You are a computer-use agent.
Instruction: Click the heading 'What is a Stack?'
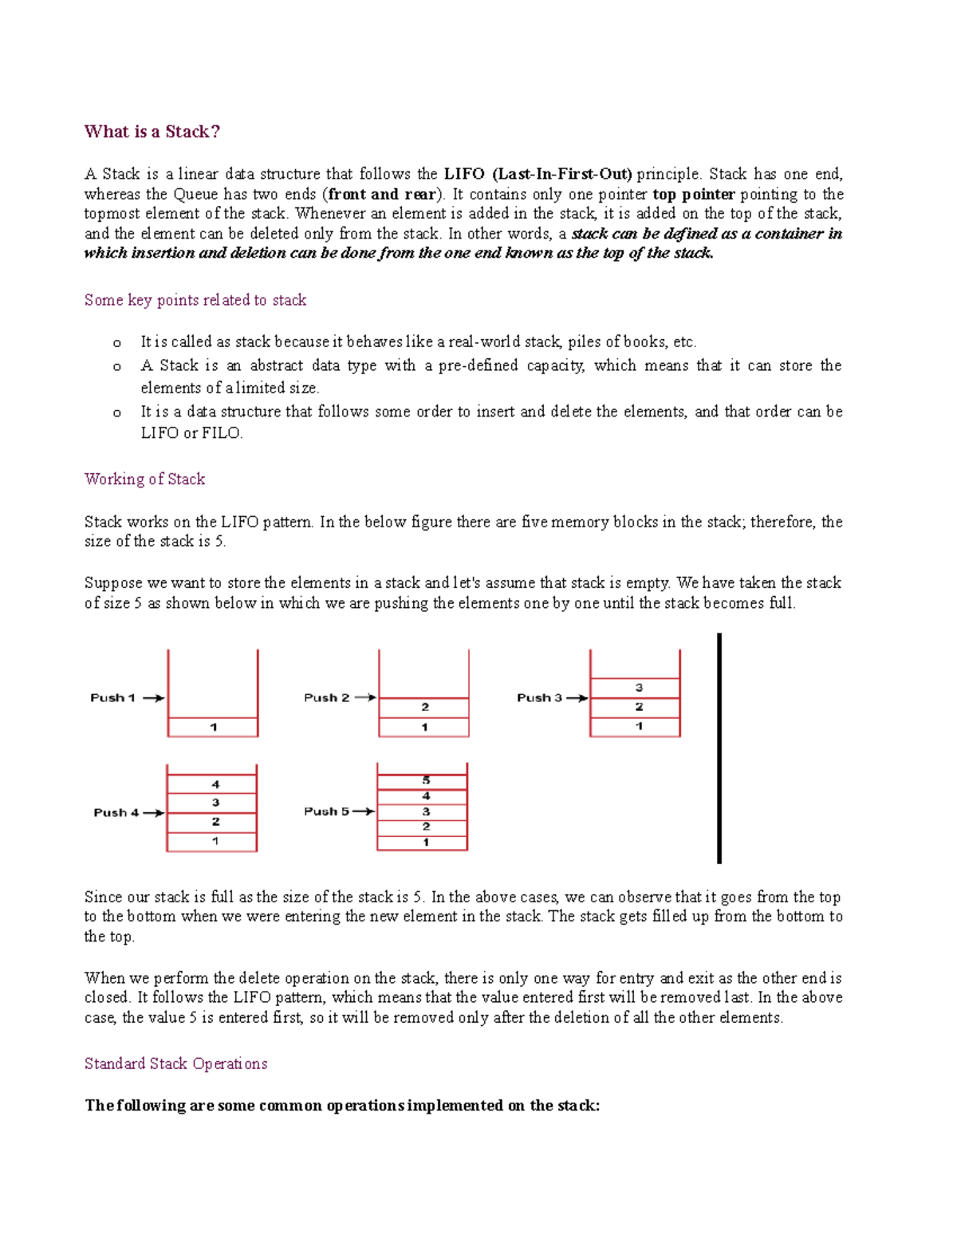pyautogui.click(x=152, y=132)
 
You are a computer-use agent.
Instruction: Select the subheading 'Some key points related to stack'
pyautogui.click(x=195, y=300)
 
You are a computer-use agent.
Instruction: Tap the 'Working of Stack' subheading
pyautogui.click(x=144, y=479)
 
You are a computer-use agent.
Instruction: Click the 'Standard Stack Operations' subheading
pyautogui.click(x=175, y=1063)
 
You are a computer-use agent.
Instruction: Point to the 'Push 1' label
pyautogui.click(x=112, y=698)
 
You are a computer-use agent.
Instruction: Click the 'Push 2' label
pyautogui.click(x=326, y=697)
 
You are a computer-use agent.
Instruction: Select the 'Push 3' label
pyautogui.click(x=539, y=697)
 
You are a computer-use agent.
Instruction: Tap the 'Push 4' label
pyautogui.click(x=116, y=812)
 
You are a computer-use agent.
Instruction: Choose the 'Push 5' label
pyautogui.click(x=326, y=811)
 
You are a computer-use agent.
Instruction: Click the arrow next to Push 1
pyautogui.click(x=153, y=698)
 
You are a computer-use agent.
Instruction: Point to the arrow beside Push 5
pyautogui.click(x=363, y=811)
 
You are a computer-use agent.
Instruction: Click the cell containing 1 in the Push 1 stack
pyautogui.click(x=213, y=727)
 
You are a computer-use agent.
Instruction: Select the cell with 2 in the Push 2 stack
pyautogui.click(x=424, y=707)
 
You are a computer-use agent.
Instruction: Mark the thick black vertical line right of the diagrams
pyautogui.click(x=719, y=748)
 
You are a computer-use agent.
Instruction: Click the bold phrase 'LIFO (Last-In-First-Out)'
pyautogui.click(x=538, y=174)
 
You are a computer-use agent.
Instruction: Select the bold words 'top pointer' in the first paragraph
pyautogui.click(x=693, y=194)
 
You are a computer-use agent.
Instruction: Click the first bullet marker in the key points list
pyautogui.click(x=116, y=343)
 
